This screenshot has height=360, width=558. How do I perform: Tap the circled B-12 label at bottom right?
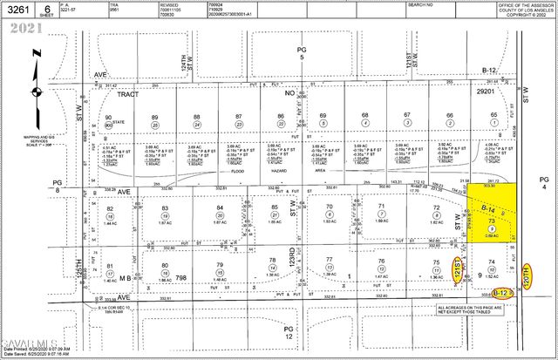pyautogui.click(x=500, y=292)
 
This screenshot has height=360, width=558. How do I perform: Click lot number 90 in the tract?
pyautogui.click(x=109, y=117)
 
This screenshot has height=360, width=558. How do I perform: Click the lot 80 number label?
pyautogui.click(x=164, y=266)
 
